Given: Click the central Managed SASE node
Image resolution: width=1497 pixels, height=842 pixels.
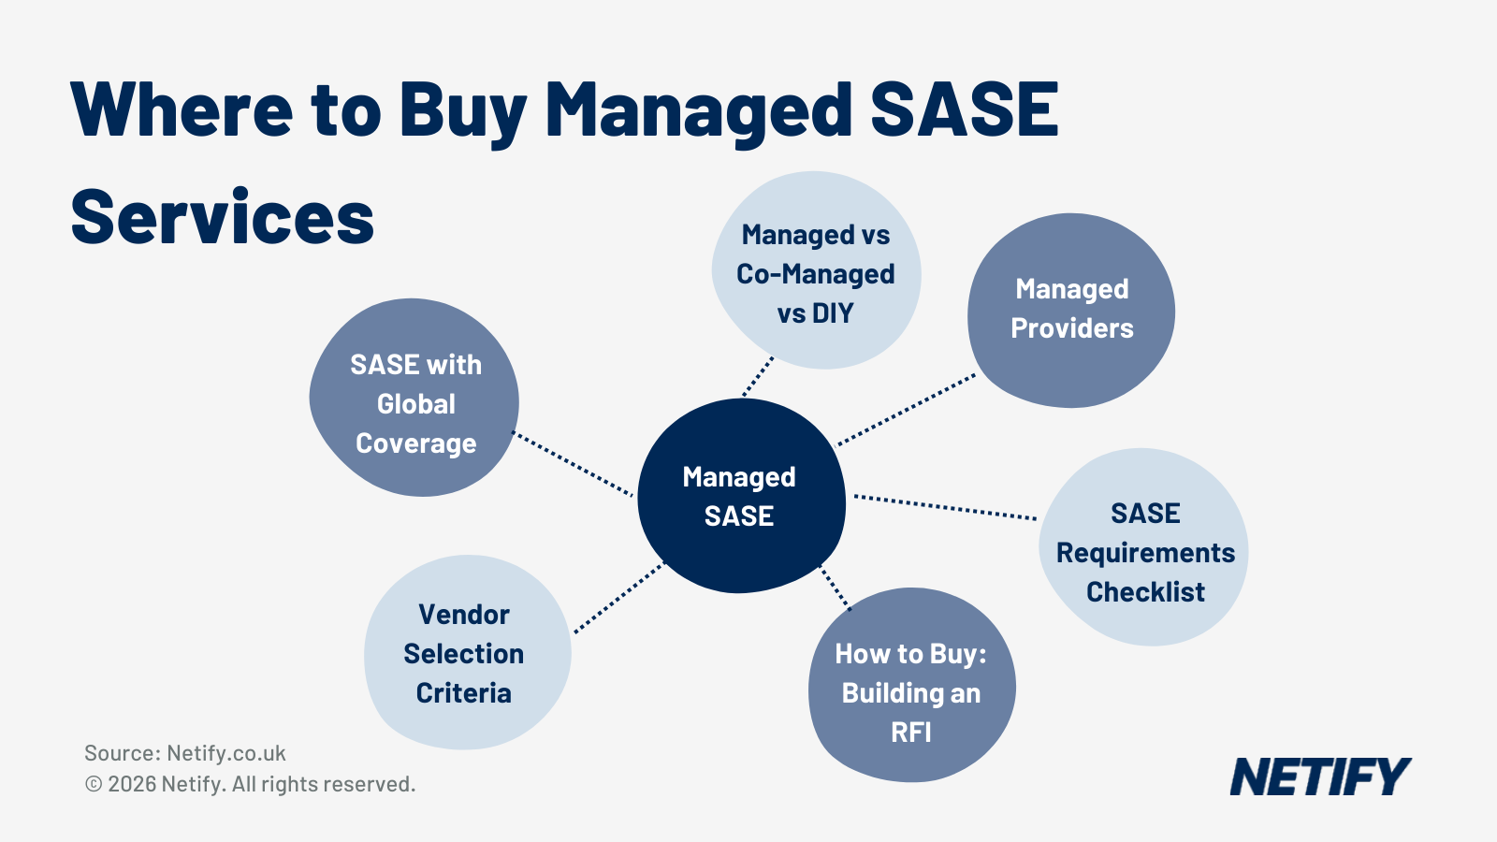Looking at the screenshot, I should tap(740, 496).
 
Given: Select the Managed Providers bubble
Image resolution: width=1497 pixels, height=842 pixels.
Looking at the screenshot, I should tap(1071, 310).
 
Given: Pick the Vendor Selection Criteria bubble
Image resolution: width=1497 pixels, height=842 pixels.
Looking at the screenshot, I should tap(466, 653).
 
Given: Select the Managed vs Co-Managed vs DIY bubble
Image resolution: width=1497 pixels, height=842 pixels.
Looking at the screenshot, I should tap(816, 271).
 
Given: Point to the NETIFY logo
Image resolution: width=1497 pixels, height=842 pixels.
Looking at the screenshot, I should tap(1319, 777).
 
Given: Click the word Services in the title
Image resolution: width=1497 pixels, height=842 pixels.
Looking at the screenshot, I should tap(223, 218).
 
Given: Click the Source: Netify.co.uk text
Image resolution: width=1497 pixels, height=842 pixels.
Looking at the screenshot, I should tap(185, 753).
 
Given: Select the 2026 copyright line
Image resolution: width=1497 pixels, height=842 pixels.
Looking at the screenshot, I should tap(251, 784).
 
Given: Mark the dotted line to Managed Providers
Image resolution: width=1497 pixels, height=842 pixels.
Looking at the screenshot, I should tap(906, 410).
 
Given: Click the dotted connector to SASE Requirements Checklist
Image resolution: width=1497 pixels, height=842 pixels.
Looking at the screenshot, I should tap(945, 506).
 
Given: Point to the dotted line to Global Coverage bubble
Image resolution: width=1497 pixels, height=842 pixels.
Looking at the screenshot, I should tap(574, 464).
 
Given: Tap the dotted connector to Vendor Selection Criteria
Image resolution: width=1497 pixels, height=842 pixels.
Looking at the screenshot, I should tap(618, 598).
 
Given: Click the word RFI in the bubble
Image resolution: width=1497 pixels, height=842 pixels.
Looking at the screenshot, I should tap(910, 732).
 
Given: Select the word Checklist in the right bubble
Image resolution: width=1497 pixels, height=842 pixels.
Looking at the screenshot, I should tap(1145, 592).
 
